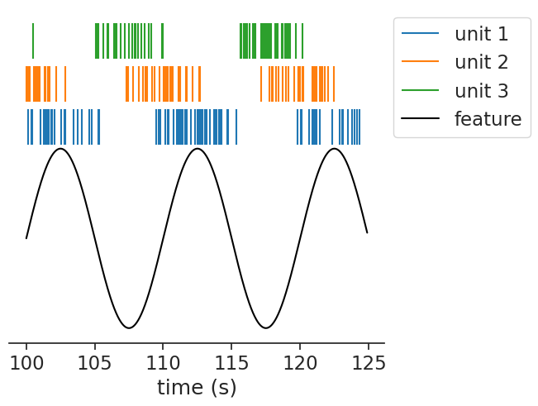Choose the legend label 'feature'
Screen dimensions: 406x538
tap(488, 118)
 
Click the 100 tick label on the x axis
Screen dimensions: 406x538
tap(26, 363)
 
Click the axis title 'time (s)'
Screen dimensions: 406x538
tap(197, 387)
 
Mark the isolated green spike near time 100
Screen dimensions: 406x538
tap(33, 41)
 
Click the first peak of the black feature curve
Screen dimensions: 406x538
tap(60, 149)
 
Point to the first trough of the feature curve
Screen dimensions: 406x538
tap(129, 328)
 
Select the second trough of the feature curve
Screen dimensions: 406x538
tap(265, 328)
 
